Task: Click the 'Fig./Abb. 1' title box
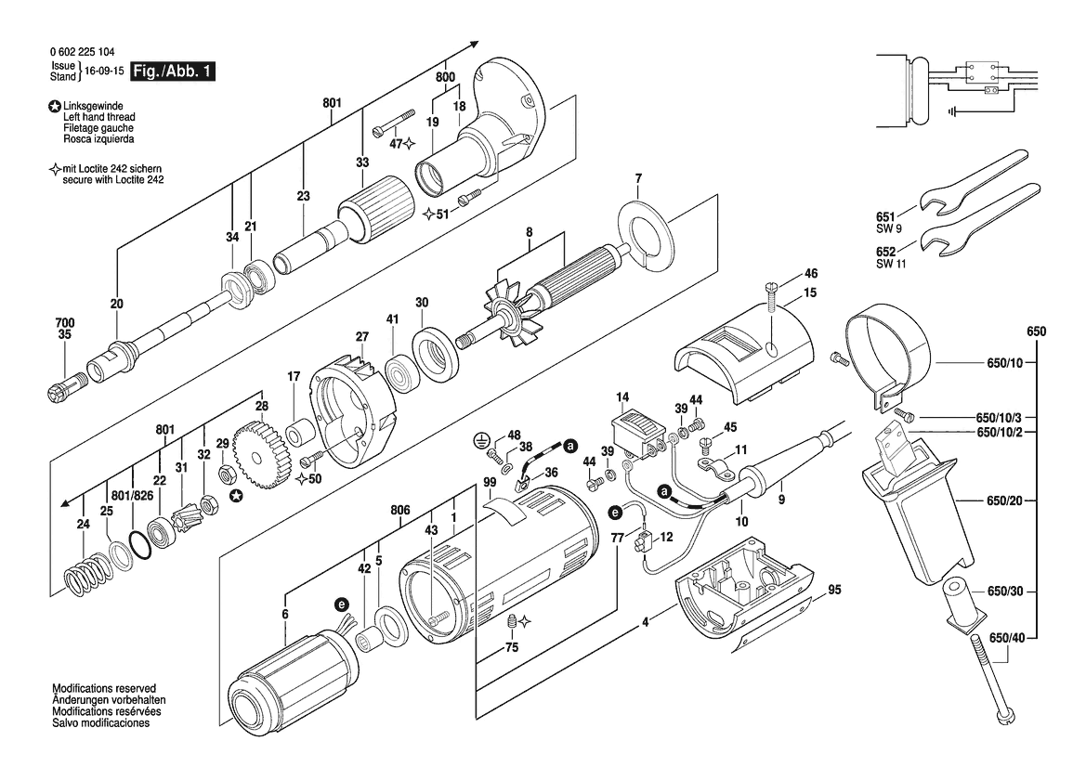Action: [173, 71]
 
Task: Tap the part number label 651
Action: [885, 216]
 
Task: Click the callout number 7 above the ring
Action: [638, 178]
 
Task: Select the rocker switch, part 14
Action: [635, 436]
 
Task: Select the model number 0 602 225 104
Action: [83, 52]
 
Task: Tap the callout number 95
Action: [834, 590]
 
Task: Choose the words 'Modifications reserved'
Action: [104, 689]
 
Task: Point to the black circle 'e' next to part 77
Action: [615, 513]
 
